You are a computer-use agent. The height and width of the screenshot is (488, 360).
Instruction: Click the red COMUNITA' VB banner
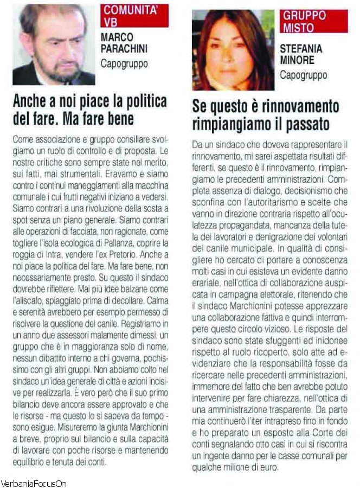134,16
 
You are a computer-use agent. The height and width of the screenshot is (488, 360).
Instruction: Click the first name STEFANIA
301,49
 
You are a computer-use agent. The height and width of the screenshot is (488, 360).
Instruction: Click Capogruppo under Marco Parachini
124,63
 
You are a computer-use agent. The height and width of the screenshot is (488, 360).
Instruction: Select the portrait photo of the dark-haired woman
233,50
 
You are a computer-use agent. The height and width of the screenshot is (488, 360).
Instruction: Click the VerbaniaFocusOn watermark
34,483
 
